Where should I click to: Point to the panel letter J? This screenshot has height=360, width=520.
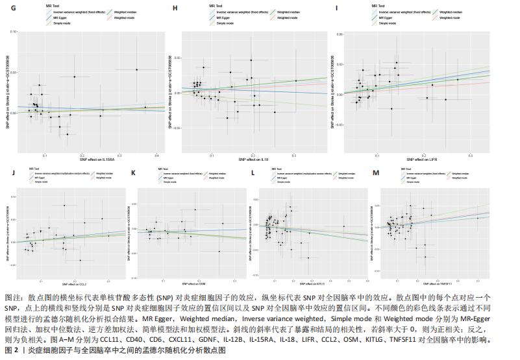(x=14, y=173)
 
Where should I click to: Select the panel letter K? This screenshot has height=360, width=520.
(x=134, y=173)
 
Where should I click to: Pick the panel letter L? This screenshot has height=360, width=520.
(x=253, y=173)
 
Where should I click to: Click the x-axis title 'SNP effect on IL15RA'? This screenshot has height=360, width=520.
(x=93, y=160)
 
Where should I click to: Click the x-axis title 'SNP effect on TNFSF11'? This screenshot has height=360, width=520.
(x=434, y=284)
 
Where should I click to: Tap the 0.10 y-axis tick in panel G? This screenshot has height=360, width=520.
(x=14, y=31)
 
